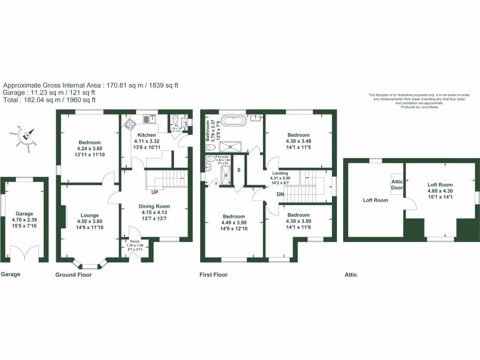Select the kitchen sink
point(150,119)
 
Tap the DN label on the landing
point(280,194)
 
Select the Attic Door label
point(397,185)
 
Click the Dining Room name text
point(154,206)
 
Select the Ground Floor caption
point(74,275)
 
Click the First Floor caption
point(214,275)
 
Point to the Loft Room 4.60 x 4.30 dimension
point(440,191)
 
